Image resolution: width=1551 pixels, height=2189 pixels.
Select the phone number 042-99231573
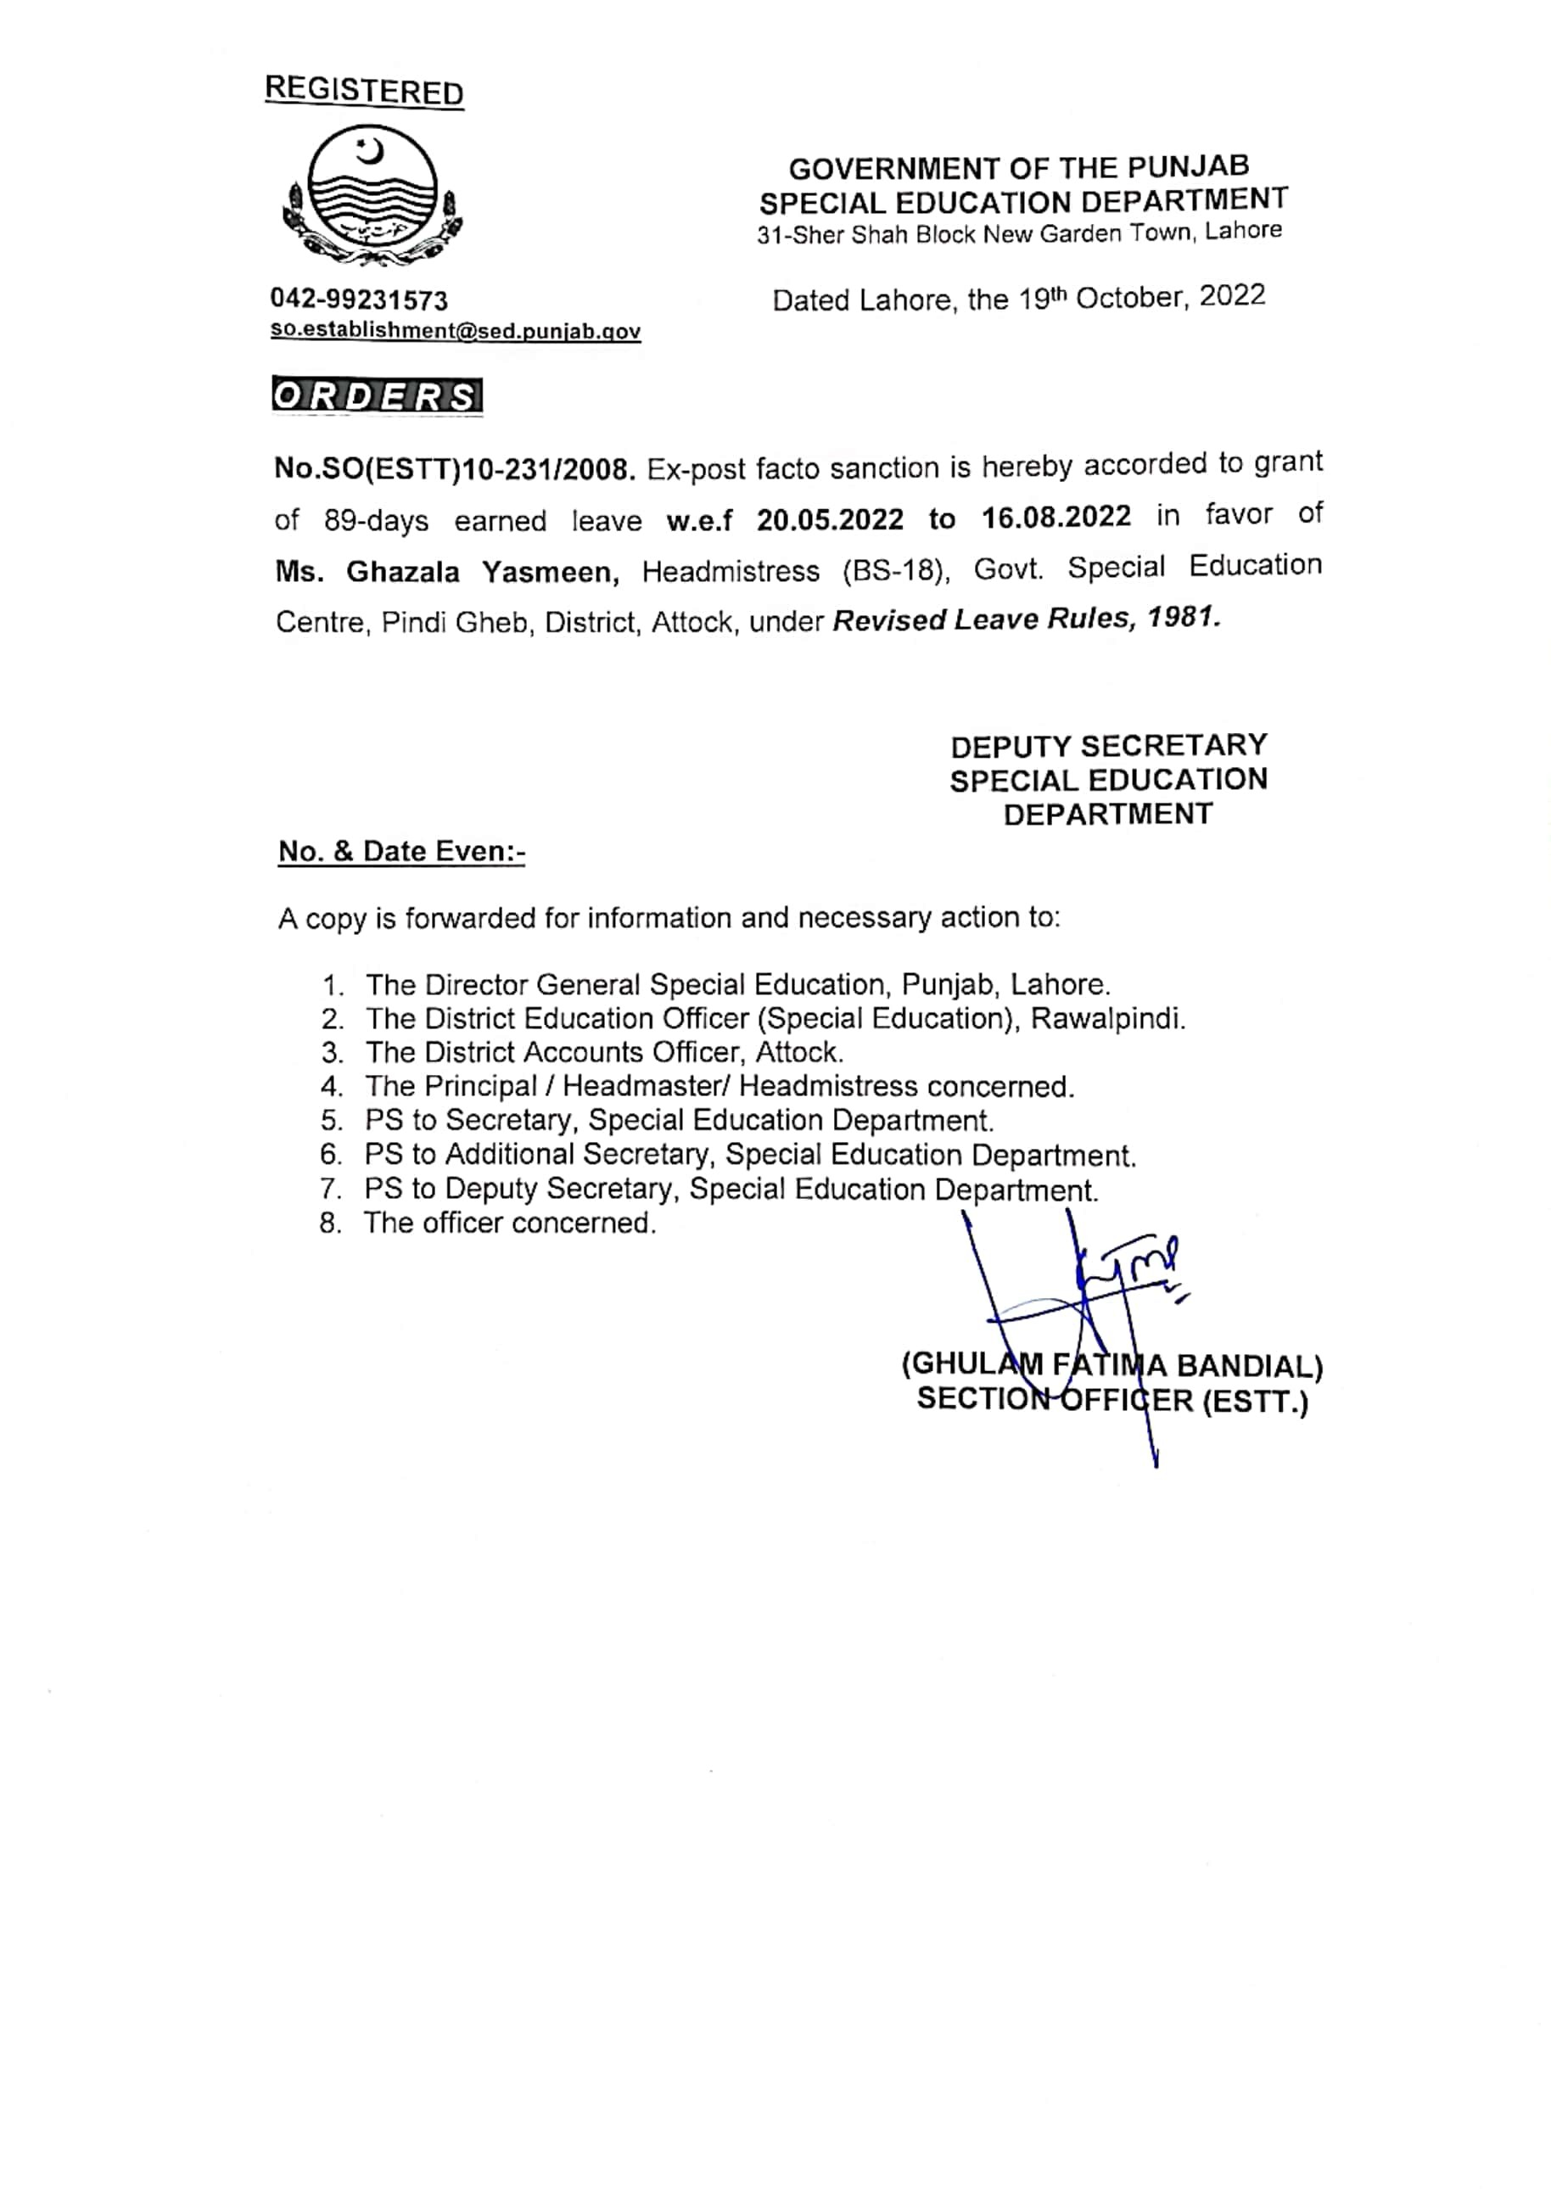[359, 301]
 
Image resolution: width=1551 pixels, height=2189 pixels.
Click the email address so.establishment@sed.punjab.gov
[456, 332]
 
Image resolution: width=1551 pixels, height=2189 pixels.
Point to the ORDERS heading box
[378, 396]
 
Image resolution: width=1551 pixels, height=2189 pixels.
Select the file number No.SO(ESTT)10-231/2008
[455, 469]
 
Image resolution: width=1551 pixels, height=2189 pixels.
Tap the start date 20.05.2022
[830, 518]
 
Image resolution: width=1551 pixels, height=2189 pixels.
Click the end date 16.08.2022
[1056, 517]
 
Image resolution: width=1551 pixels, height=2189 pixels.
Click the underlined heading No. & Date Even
[401, 851]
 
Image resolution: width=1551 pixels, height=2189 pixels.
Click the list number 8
[330, 1223]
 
